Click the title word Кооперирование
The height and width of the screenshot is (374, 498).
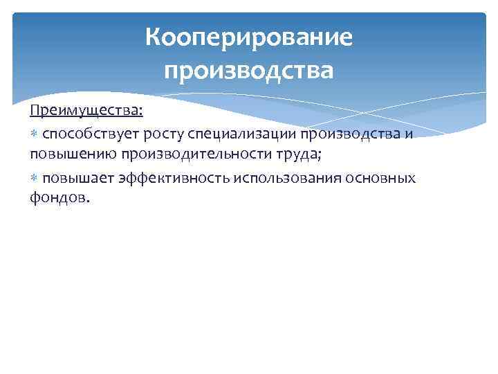point(249,37)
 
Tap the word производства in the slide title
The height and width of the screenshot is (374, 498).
point(249,71)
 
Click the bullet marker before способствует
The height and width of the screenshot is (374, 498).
point(34,134)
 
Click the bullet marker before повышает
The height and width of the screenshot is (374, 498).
point(34,179)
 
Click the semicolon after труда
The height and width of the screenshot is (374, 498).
point(321,155)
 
